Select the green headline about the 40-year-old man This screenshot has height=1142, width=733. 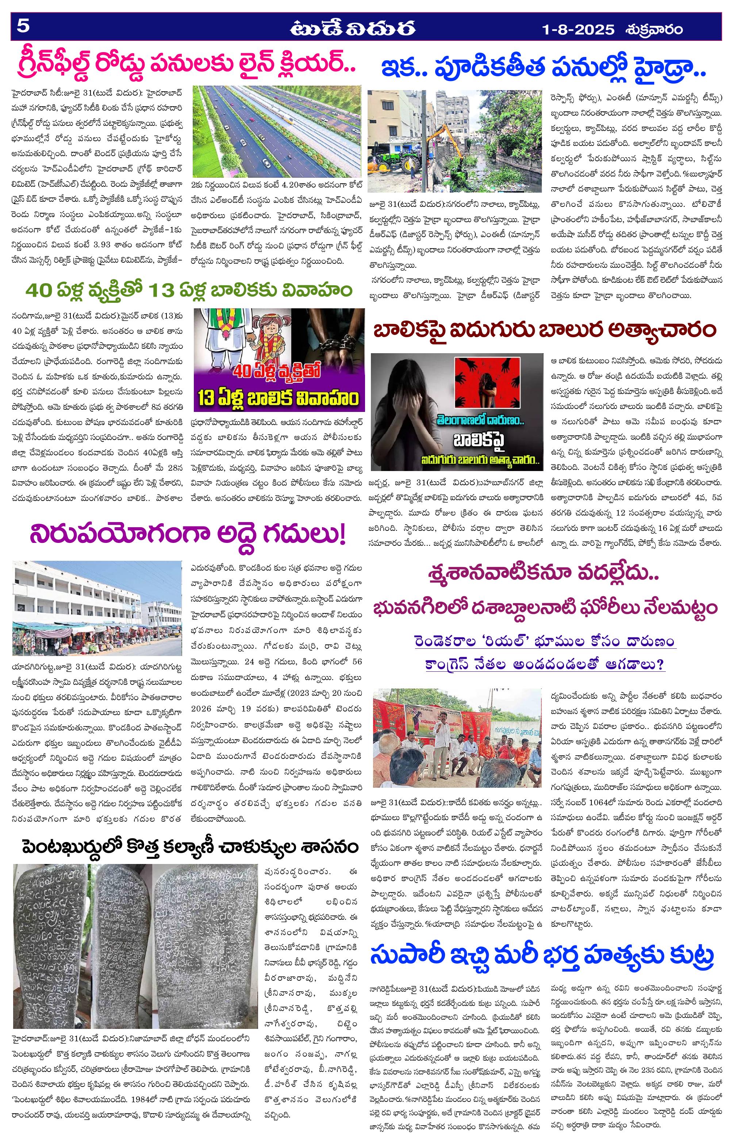coord(189,290)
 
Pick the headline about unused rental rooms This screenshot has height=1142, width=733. coord(188,535)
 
